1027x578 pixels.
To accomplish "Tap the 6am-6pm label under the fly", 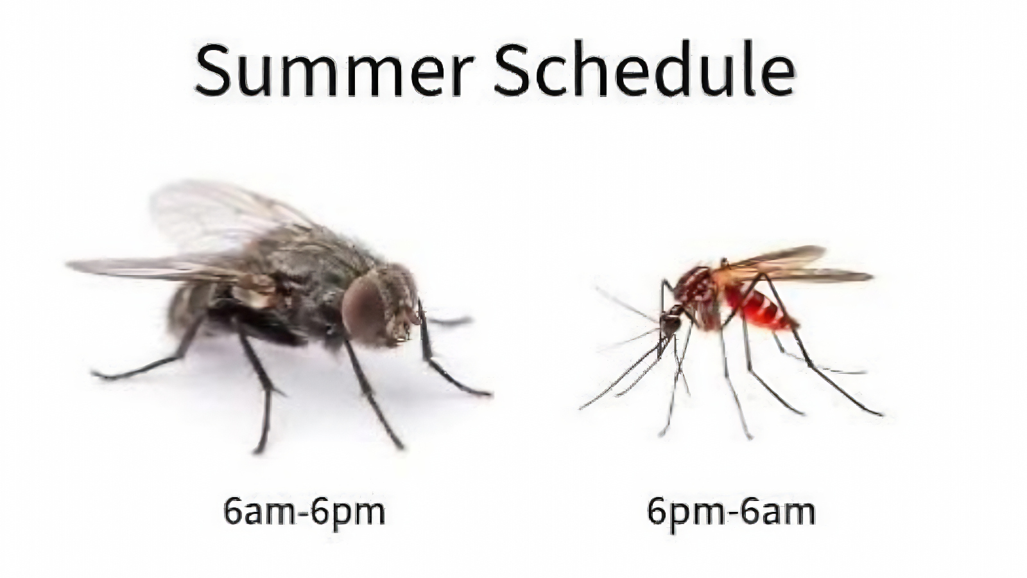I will pos(304,512).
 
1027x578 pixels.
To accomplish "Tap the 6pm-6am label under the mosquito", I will pos(731,512).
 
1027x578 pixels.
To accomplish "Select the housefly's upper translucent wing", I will pos(212,212).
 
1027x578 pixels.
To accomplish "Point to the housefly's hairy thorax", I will pos(308,257).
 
